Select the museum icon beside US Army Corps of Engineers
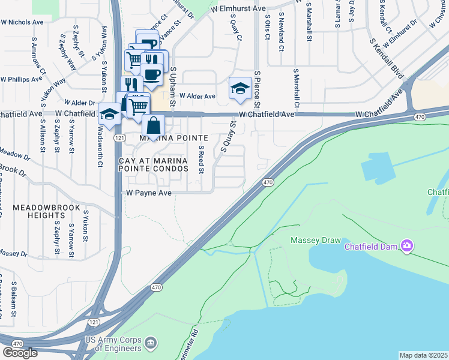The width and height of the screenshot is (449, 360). (150, 343)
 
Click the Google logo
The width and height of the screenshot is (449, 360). (20, 353)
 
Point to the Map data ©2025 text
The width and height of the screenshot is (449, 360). (423, 355)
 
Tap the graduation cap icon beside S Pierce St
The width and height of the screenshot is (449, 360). (240, 89)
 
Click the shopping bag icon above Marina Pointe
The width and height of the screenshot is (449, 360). (154, 125)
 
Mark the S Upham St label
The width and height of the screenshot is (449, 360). (172, 87)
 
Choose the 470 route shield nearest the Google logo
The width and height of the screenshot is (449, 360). (17, 344)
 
